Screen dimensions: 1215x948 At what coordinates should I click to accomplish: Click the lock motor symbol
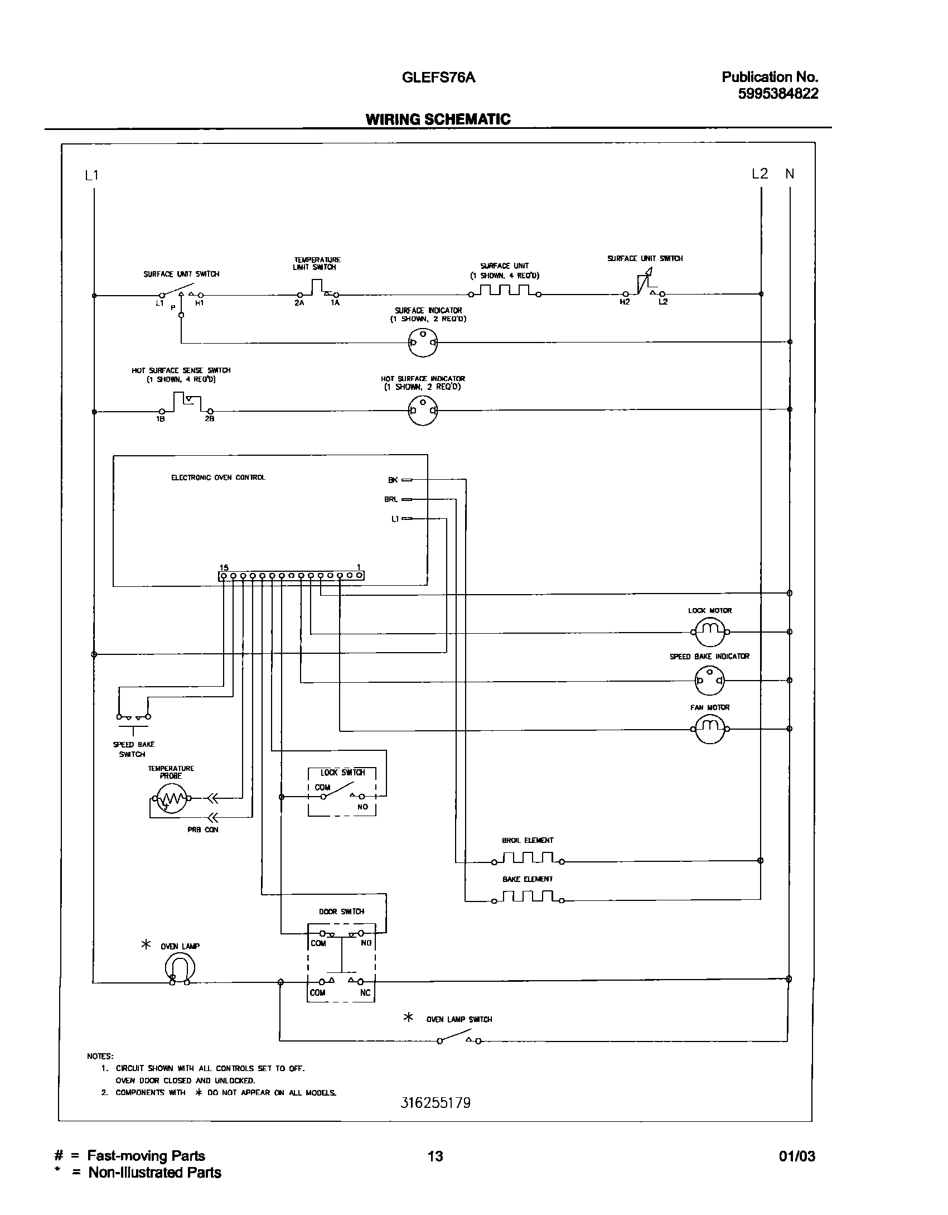[x=710, y=632]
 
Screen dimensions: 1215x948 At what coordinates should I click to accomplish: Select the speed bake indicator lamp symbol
[x=710, y=680]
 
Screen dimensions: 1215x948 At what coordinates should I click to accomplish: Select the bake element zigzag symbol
[x=528, y=898]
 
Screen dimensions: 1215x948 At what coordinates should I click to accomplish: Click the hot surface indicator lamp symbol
[x=423, y=411]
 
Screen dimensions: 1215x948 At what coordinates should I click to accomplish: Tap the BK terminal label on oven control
[x=393, y=480]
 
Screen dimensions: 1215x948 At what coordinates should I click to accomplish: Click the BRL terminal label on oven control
[x=391, y=499]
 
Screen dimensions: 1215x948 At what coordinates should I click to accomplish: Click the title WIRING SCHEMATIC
[x=438, y=119]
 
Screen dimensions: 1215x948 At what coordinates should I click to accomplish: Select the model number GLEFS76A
[x=438, y=78]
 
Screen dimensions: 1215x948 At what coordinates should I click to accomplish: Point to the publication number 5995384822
[x=778, y=94]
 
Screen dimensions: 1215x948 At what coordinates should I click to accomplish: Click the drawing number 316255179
[x=436, y=1103]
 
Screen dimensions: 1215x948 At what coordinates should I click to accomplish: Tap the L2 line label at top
[x=760, y=174]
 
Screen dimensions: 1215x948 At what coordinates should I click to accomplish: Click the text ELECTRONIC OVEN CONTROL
[x=218, y=478]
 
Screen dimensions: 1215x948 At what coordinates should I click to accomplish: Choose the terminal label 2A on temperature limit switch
[x=299, y=303]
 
